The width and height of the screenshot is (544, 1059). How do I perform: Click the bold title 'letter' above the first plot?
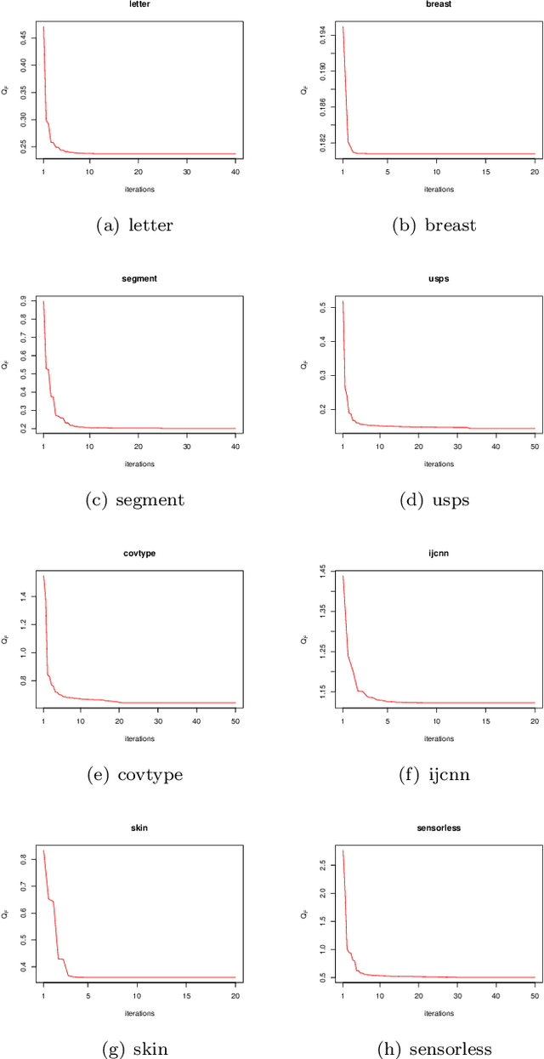139,3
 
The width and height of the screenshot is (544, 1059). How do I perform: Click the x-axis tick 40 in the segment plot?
235,447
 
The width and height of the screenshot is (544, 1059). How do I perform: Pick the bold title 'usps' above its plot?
439,278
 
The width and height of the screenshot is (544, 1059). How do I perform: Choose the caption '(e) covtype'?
135,774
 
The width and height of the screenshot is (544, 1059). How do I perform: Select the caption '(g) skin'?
135,1049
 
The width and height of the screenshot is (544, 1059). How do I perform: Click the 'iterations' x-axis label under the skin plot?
139,1011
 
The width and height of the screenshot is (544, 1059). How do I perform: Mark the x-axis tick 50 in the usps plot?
535,447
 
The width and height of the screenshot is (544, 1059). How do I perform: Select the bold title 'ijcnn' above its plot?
439,553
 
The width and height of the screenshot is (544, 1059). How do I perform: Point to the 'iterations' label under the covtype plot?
139,737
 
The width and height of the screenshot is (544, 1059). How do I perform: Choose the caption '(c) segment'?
135,500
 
